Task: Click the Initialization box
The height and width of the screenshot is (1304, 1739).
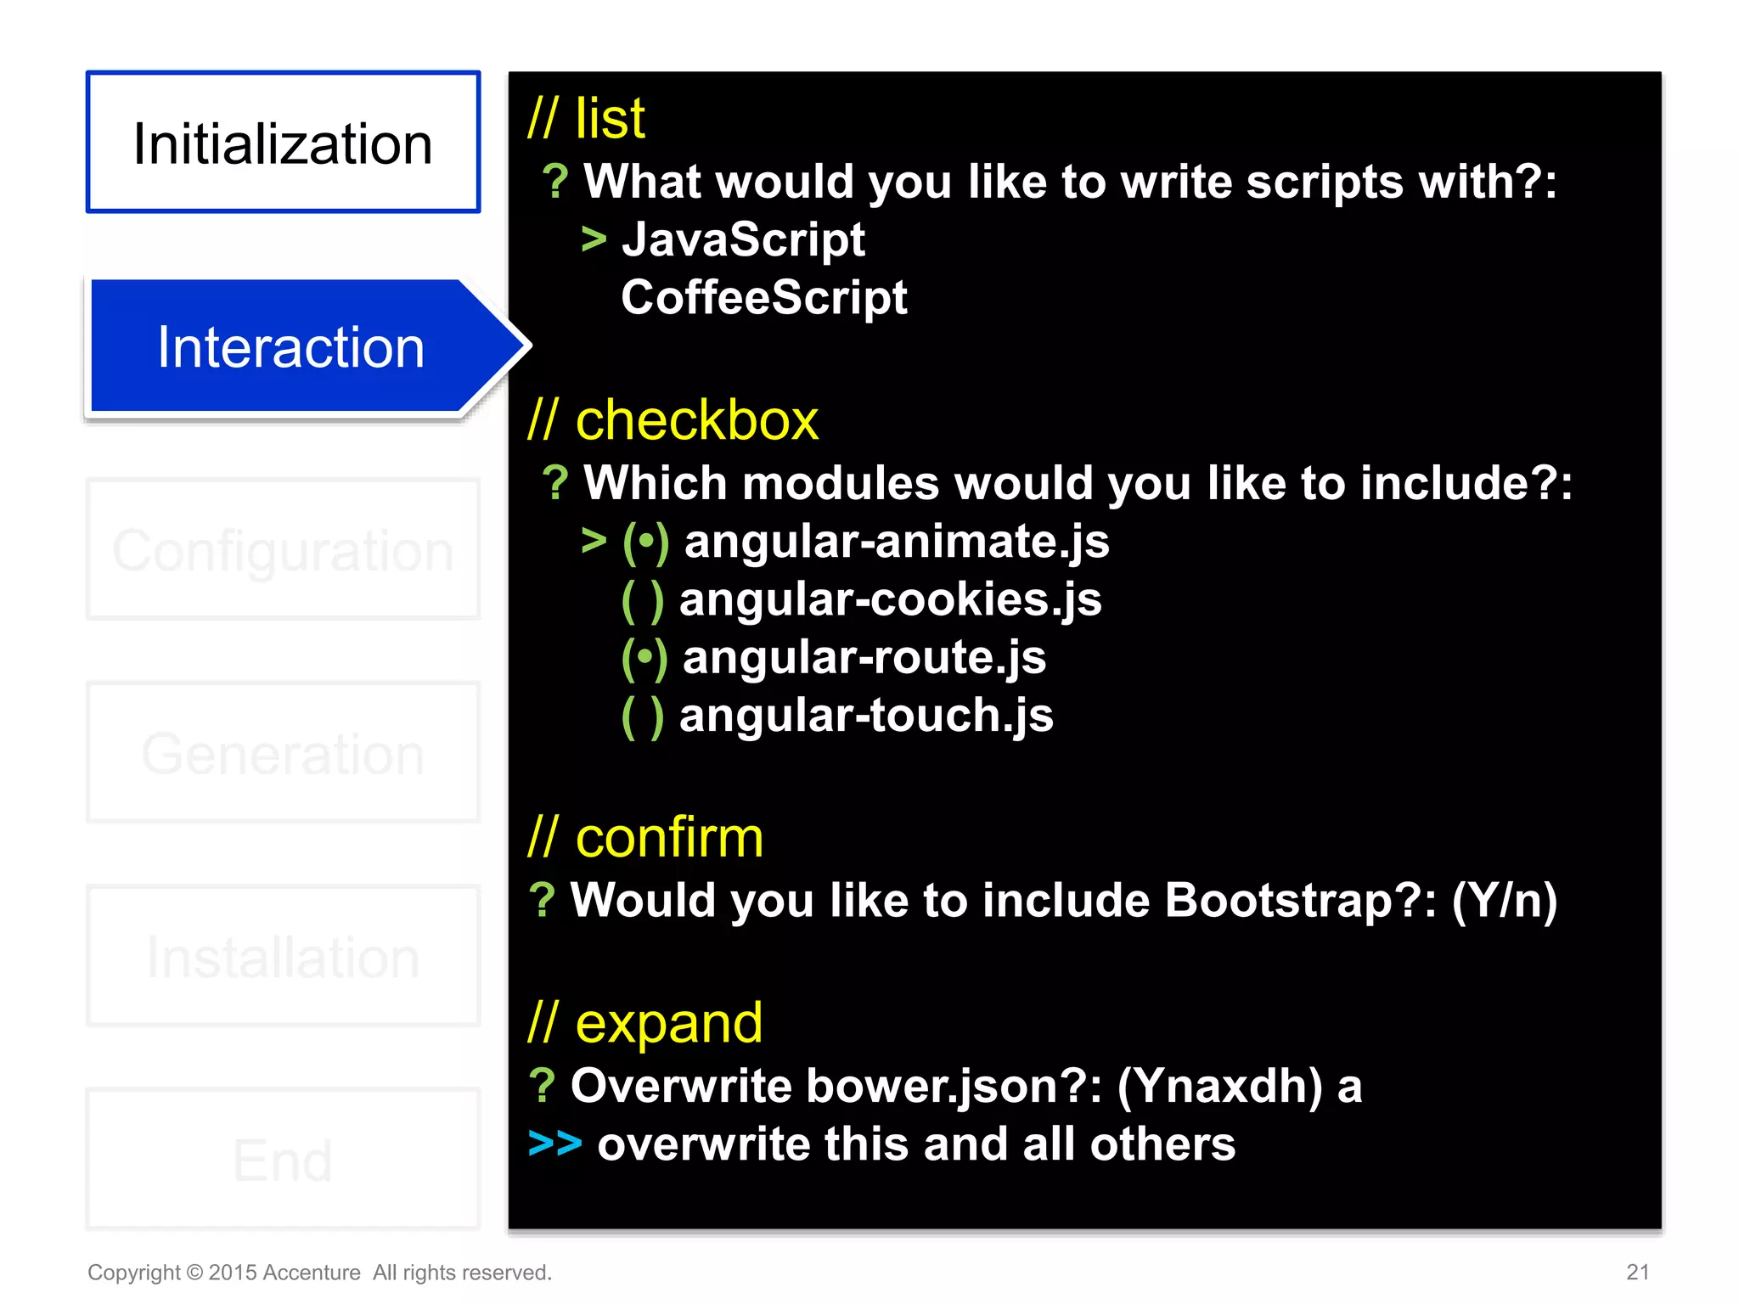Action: (283, 142)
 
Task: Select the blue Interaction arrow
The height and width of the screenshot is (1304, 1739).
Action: (291, 346)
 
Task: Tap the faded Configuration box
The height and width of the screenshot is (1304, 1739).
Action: (283, 549)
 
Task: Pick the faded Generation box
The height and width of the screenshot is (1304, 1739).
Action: (283, 753)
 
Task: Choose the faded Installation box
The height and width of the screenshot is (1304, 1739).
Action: (283, 956)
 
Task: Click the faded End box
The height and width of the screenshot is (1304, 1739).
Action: (283, 1159)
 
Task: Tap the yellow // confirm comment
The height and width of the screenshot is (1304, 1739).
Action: (645, 837)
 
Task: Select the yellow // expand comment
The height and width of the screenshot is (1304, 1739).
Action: (645, 1022)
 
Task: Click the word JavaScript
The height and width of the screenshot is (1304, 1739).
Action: (743, 239)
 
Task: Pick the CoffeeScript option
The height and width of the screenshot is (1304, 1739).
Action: (763, 297)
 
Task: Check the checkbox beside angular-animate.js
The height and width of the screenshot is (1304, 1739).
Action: (645, 542)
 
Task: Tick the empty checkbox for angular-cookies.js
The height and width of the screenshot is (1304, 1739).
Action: (643, 600)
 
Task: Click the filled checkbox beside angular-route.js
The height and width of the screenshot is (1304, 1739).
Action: (644, 658)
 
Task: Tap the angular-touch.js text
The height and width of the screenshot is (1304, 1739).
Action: (866, 716)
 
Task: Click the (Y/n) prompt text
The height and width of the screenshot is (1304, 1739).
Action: (1504, 901)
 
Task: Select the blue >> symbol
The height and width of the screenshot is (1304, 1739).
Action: (554, 1144)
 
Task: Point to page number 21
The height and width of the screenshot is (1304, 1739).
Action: (1637, 1272)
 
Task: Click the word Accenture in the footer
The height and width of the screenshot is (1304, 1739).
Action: (312, 1273)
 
